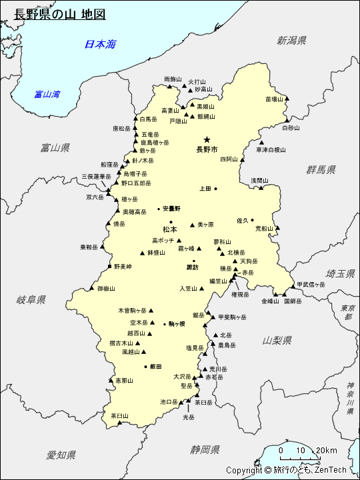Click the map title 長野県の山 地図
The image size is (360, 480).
[x=60, y=14]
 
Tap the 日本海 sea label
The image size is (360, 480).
[x=100, y=45]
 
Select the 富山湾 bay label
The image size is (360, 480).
[x=47, y=94]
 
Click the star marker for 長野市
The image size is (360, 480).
[x=207, y=139]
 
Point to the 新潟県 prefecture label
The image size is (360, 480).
[x=292, y=41]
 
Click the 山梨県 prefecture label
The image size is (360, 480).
[x=277, y=340]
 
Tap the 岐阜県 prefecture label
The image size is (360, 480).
[x=31, y=300]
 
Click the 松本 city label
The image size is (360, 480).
[x=170, y=229]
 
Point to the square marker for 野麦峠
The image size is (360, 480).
[x=109, y=267]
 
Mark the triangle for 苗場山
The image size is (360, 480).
[x=288, y=99]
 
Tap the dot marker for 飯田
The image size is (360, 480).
[x=145, y=367]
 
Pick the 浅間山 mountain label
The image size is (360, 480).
[x=259, y=180]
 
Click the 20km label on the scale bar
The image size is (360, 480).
[x=327, y=450]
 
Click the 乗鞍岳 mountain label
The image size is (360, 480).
[x=89, y=247]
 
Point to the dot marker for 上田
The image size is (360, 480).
[x=215, y=189]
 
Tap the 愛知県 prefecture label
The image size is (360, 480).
[x=61, y=455]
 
